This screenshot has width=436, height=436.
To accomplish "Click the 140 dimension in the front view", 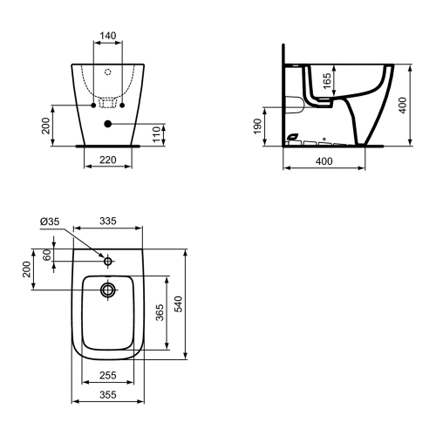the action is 108,36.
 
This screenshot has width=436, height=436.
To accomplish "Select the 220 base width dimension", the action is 108,160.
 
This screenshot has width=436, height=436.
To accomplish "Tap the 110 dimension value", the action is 157,134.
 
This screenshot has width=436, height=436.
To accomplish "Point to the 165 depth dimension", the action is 327,81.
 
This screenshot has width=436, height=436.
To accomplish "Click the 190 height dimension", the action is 258,126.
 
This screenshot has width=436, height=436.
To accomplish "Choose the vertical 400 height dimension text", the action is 403,106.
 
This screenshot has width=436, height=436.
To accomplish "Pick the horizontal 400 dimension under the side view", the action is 324,161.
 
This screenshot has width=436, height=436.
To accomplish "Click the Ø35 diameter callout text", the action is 50,221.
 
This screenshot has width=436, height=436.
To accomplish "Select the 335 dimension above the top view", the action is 108,221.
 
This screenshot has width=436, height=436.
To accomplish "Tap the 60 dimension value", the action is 47,255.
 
